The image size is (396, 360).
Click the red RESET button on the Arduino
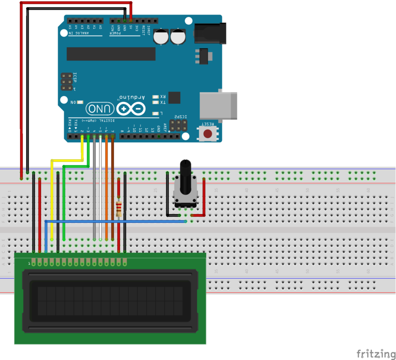(208, 134)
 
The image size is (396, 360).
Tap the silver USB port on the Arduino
(218, 106)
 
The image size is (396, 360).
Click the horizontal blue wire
(121, 221)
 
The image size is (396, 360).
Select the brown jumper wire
(113, 190)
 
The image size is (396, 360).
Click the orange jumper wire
(107, 190)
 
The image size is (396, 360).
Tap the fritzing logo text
(376, 354)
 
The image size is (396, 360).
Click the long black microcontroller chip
(111, 54)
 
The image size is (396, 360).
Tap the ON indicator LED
(80, 103)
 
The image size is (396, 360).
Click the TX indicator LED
(156, 103)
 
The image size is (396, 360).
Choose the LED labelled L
(156, 114)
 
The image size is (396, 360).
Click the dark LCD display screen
(110, 301)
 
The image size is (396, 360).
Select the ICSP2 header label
(181, 117)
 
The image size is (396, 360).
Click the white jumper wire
(101, 190)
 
